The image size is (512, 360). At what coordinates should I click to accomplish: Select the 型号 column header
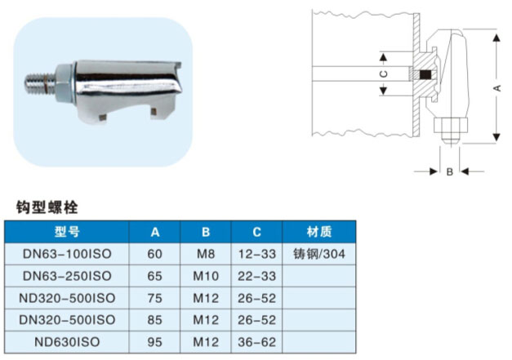tap(68, 232)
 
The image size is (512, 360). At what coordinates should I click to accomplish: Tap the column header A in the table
tap(155, 232)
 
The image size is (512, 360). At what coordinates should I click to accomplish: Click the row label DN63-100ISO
tap(68, 254)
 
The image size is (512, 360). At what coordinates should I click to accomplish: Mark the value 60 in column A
tap(155, 254)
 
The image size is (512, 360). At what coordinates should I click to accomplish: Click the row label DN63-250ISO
tap(68, 276)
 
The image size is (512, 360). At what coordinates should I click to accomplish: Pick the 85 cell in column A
tap(155, 320)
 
